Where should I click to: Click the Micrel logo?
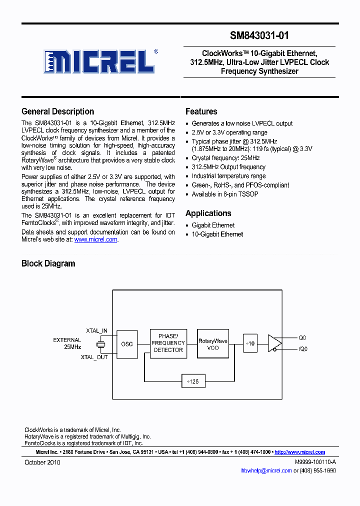[99, 61]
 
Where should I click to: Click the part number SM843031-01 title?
[259, 35]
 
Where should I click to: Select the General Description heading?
[57, 111]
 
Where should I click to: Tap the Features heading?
[201, 111]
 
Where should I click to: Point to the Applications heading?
[208, 213]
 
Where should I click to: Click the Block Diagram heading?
[48, 263]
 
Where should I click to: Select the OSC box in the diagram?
[127, 344]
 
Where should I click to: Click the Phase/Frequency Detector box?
[168, 343]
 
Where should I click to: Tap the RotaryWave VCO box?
[213, 344]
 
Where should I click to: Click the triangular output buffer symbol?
[274, 343]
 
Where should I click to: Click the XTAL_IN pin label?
[96, 331]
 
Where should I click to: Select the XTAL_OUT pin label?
[94, 357]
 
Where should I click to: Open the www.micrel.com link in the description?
[95, 239]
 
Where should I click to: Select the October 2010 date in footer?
[42, 462]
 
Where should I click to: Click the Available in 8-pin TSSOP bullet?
[225, 194]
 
